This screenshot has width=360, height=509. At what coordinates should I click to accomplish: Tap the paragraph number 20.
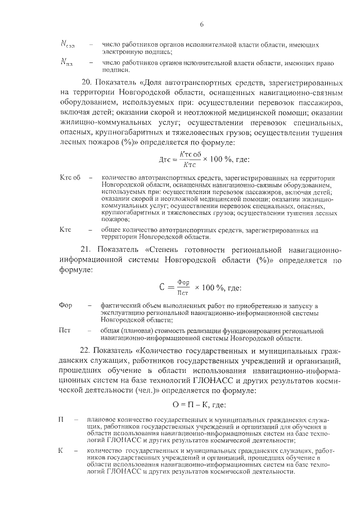pos(88,82)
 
